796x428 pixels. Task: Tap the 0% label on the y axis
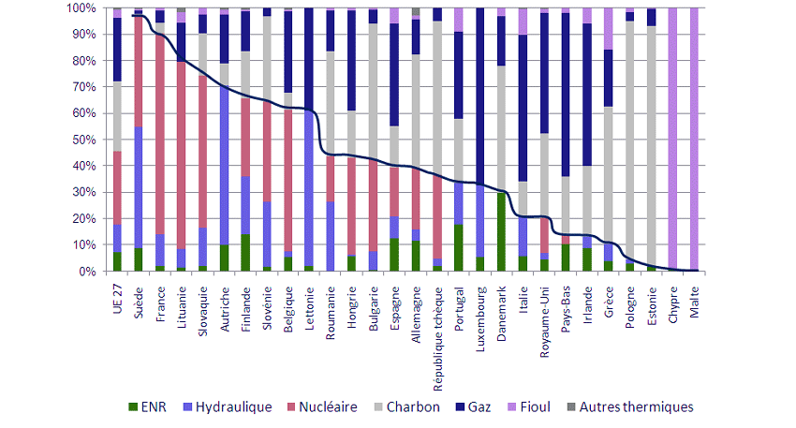[x=84, y=272]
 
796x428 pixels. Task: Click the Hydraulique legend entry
[x=233, y=407]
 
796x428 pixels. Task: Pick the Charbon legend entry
[x=418, y=407]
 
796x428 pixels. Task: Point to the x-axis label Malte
[x=694, y=294]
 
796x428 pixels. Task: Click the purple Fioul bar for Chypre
[x=672, y=140]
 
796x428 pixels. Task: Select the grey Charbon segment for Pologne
[x=629, y=140]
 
